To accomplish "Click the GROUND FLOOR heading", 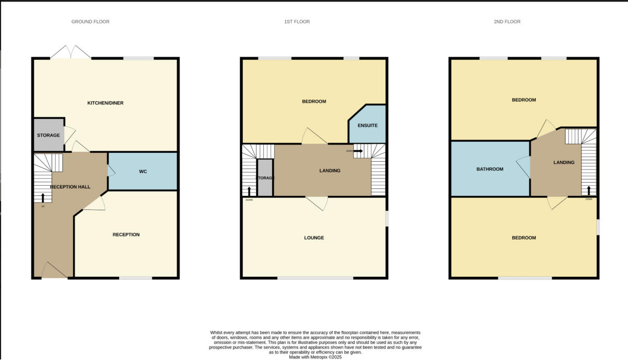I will (x=90, y=21).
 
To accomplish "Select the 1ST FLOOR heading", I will (x=297, y=21).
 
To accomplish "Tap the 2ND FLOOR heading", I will (x=507, y=21).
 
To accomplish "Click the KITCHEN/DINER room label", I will (x=105, y=103).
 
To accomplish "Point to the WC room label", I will (x=143, y=172).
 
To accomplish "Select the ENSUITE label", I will (x=367, y=126).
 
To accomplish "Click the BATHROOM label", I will (x=490, y=169).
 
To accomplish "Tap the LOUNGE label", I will (x=314, y=238).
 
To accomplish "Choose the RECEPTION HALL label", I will (x=70, y=187).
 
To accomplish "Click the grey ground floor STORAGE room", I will (x=48, y=135).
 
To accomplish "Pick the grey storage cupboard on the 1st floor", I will (x=265, y=178).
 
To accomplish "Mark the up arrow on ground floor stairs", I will (x=43, y=197).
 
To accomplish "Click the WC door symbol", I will (x=111, y=171).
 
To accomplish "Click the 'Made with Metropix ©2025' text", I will (x=315, y=357).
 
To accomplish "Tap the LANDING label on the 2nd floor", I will (x=564, y=162).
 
